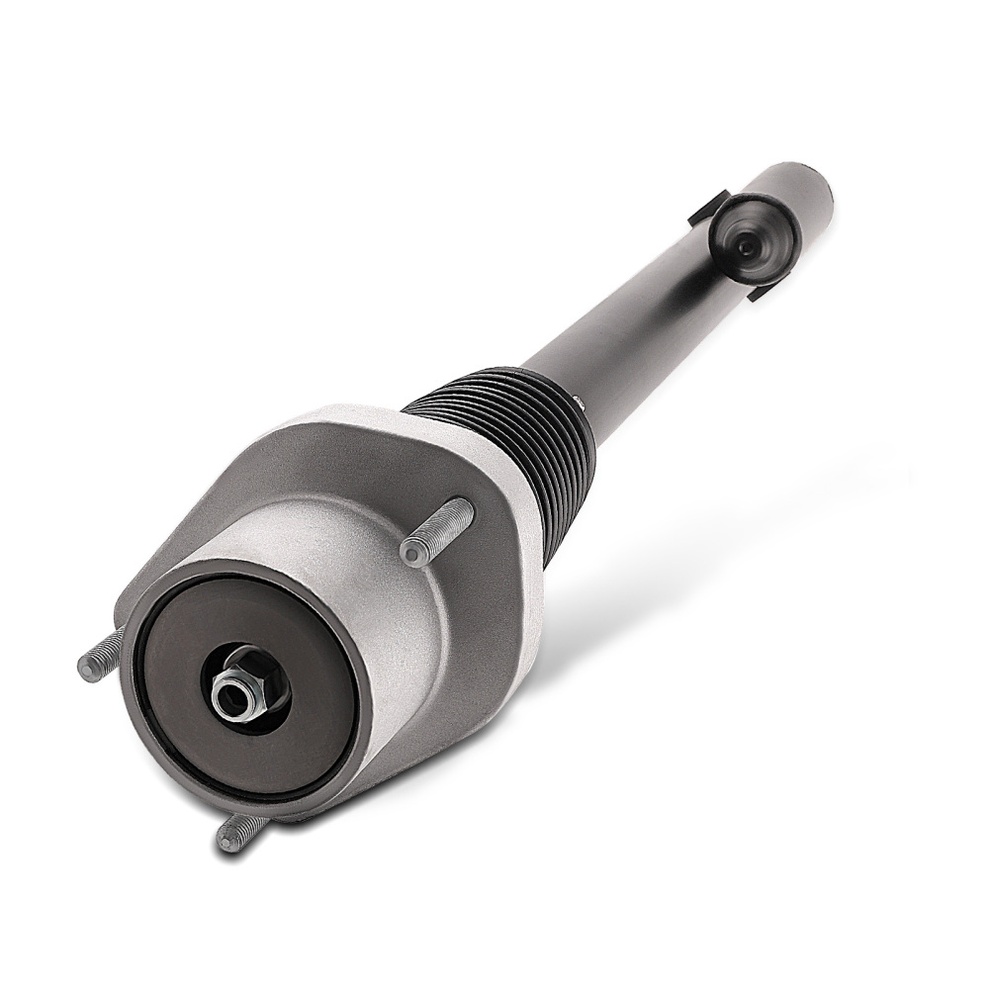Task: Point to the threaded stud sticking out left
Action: pos(100,657)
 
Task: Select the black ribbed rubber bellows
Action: pos(514,435)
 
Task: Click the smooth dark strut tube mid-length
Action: pos(633,316)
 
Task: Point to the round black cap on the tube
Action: pos(754,237)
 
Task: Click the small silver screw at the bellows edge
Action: pos(577,399)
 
